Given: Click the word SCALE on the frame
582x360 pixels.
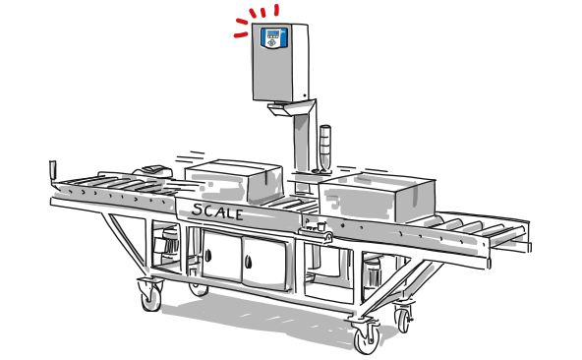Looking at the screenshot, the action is (x=217, y=211).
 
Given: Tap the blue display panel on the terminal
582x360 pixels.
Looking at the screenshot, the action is (x=273, y=37).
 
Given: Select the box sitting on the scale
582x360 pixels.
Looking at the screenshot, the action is (x=234, y=181).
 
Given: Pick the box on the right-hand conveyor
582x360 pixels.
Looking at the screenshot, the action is (x=377, y=196).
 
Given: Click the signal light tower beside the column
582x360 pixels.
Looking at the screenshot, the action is (x=324, y=149).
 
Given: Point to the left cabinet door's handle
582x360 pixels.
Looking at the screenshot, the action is (x=208, y=255).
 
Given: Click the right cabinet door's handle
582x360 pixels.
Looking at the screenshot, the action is (x=249, y=262).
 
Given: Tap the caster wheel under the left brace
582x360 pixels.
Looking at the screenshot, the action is (x=150, y=294).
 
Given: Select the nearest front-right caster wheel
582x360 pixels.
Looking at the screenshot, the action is (x=367, y=335).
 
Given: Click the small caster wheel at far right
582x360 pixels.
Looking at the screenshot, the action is (x=403, y=320).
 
